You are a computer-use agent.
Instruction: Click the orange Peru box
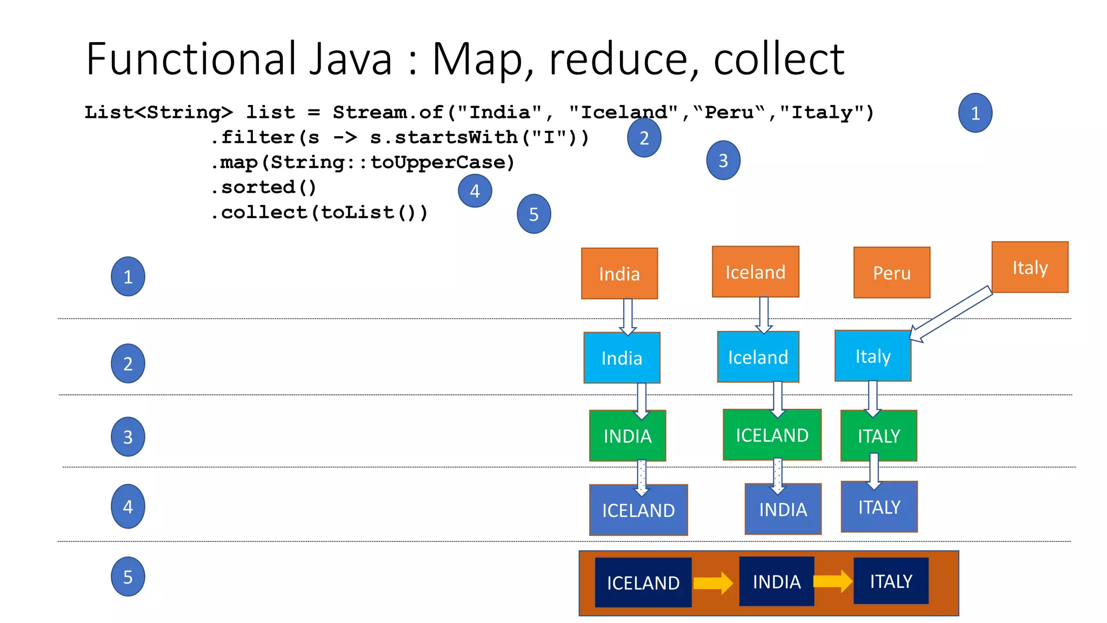point(891,273)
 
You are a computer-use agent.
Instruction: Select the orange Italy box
point(1030,267)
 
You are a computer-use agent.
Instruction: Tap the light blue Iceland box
point(758,357)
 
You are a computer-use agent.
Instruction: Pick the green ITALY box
point(878,436)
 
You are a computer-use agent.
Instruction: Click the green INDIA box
point(627,436)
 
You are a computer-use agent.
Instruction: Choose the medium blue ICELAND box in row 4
point(638,510)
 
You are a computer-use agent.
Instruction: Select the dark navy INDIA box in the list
point(776,582)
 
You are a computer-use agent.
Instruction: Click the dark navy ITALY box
point(891,581)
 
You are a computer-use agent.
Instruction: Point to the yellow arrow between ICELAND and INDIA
point(713,583)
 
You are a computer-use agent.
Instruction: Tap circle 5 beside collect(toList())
point(534,214)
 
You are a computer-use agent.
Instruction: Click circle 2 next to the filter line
point(644,138)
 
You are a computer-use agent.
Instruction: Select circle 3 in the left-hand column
point(128,437)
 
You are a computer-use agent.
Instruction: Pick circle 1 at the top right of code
point(975,113)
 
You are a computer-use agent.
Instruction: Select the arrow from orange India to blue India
point(628,316)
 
